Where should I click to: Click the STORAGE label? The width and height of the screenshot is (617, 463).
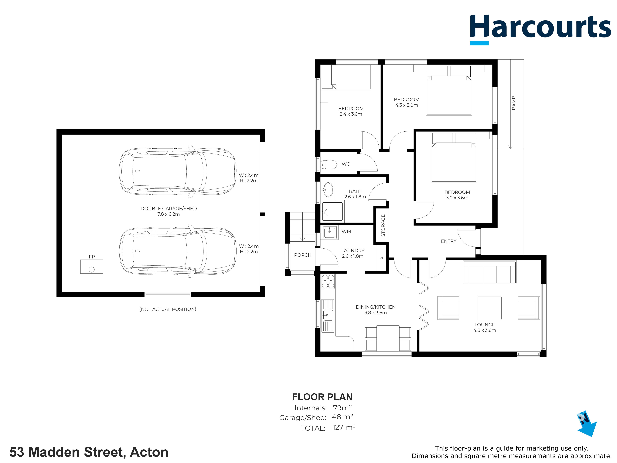tap(383, 226)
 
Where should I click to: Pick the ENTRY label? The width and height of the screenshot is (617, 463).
tap(448, 241)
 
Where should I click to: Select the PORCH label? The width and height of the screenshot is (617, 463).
tap(303, 255)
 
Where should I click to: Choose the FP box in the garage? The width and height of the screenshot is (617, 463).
tap(92, 267)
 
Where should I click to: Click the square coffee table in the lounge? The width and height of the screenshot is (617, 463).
tap(489, 308)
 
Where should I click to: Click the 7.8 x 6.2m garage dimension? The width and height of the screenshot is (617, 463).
tap(169, 214)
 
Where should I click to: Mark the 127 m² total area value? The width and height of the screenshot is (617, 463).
tap(344, 427)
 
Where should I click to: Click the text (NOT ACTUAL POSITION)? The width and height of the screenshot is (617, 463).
tap(168, 309)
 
